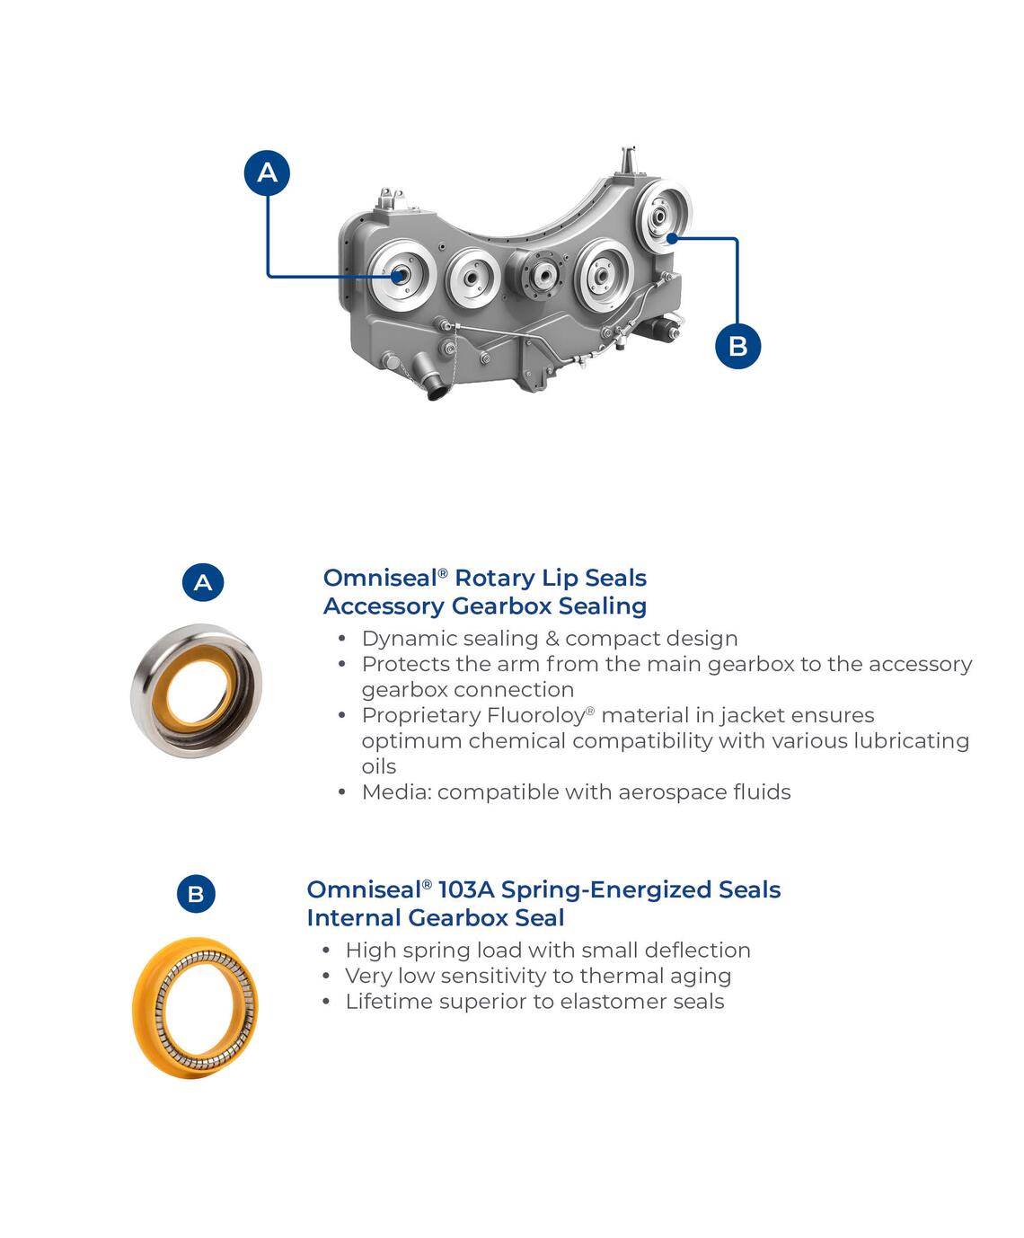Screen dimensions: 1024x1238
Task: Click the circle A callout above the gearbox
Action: (x=267, y=172)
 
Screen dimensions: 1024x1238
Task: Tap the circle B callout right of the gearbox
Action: (x=737, y=346)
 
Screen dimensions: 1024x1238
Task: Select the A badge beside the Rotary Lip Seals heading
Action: (x=203, y=582)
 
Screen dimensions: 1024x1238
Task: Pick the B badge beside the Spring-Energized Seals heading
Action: (x=196, y=893)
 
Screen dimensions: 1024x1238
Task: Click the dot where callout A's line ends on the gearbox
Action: (x=398, y=276)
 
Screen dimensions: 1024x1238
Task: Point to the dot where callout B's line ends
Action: (x=671, y=238)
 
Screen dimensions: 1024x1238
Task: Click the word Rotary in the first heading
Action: (x=495, y=578)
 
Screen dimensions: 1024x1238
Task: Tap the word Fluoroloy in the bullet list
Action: (x=536, y=716)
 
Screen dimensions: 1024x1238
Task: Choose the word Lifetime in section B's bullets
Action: (x=384, y=1002)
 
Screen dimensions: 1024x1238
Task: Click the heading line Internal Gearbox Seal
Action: (x=436, y=917)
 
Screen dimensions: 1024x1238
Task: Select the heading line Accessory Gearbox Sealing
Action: (x=485, y=606)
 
